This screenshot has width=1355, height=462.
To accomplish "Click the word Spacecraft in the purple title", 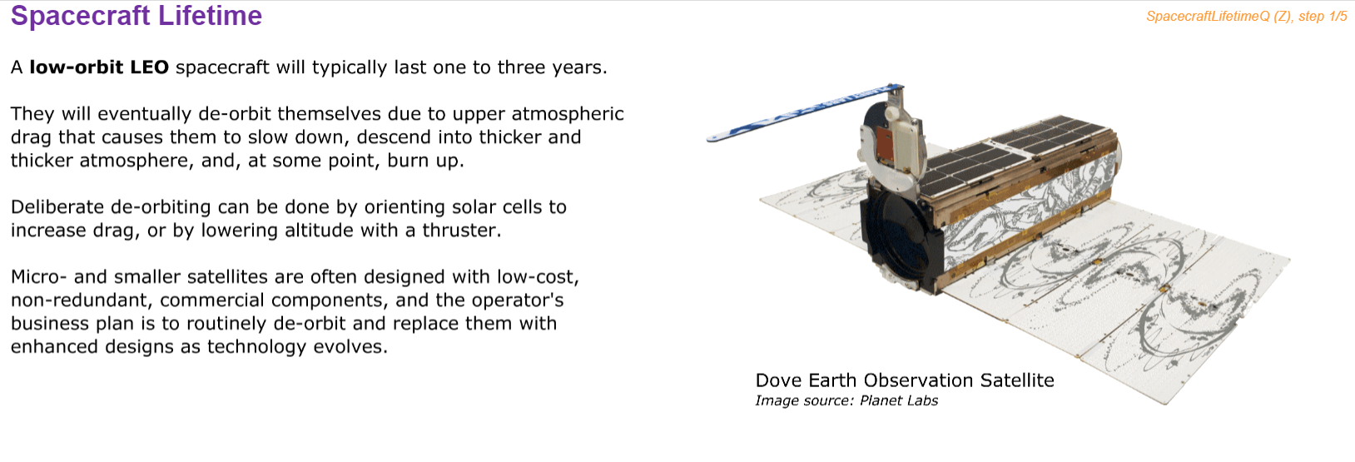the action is point(81,17).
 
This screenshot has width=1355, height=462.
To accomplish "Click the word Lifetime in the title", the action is point(210,15).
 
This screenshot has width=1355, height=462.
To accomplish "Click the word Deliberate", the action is point(57,206).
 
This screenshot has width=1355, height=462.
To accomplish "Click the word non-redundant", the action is point(82,301).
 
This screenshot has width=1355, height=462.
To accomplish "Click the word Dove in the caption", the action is point(778,380).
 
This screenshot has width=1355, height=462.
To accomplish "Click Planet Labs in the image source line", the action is point(899,400).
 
